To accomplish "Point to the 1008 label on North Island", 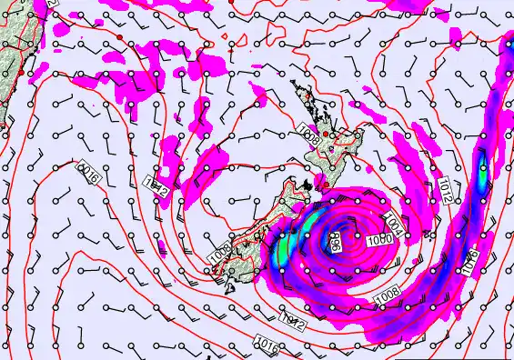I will (308, 139).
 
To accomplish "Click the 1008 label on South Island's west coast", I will (218, 254).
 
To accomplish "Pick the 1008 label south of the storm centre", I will (386, 294).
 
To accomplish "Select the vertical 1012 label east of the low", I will (444, 189).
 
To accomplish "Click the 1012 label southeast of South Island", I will (291, 321).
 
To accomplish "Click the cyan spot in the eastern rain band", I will (483, 167).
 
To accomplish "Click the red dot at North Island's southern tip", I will (319, 185).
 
